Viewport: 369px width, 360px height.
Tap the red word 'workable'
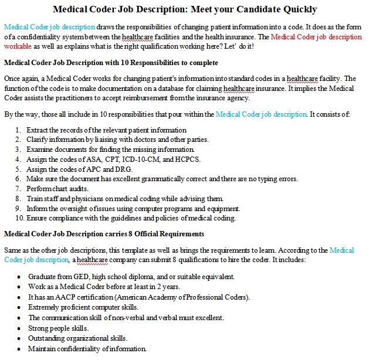[x=18, y=46]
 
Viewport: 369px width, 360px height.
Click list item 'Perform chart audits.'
[x=56, y=189]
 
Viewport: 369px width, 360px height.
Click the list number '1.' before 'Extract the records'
[x=19, y=130]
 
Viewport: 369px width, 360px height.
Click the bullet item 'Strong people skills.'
[x=58, y=328]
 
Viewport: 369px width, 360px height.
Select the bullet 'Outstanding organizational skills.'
[x=77, y=338]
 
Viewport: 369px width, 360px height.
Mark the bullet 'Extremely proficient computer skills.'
[x=83, y=307]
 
